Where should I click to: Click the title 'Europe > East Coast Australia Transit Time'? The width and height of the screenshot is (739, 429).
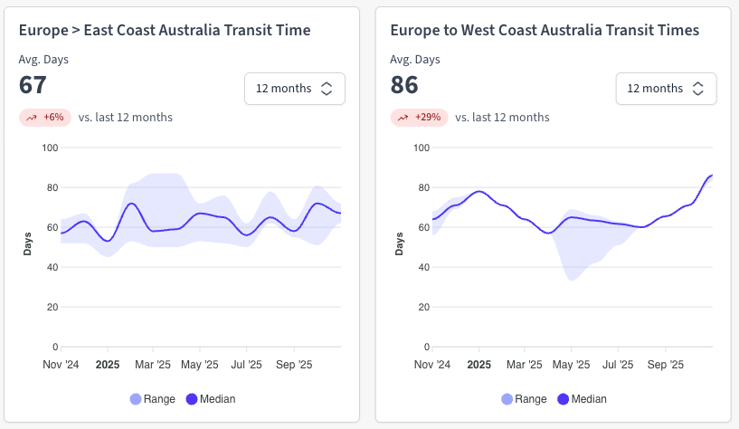(x=165, y=31)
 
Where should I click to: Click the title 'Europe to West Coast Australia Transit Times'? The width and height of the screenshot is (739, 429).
(x=544, y=31)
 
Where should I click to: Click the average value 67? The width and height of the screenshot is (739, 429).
(x=33, y=85)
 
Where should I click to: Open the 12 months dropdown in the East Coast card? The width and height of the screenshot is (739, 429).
(x=294, y=89)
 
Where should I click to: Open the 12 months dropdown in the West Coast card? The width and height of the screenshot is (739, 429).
(x=666, y=89)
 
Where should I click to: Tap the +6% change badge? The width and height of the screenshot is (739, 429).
(x=45, y=118)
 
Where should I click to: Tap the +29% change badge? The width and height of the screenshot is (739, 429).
(x=419, y=118)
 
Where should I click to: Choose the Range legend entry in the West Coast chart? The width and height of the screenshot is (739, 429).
(x=524, y=399)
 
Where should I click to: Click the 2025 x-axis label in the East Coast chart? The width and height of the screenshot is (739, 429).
(x=108, y=365)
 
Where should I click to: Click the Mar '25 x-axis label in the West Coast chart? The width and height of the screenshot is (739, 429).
(x=525, y=365)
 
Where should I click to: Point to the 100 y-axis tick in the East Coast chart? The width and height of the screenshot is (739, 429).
(x=50, y=148)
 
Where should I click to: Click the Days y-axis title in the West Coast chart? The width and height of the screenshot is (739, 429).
(x=400, y=243)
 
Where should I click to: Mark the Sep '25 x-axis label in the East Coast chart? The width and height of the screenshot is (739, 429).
(x=293, y=365)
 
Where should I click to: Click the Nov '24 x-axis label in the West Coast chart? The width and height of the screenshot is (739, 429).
(x=432, y=365)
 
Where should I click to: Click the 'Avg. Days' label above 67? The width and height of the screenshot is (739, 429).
(x=43, y=60)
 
